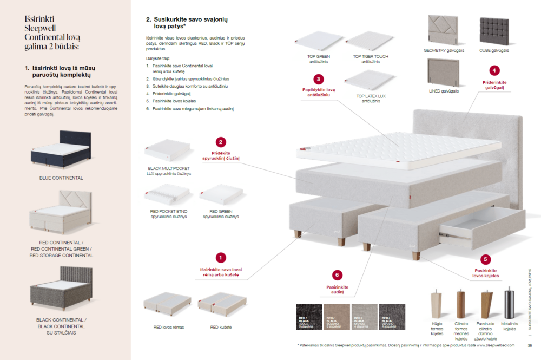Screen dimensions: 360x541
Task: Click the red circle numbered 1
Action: (x=221, y=258)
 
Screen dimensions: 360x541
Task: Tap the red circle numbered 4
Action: (x=494, y=70)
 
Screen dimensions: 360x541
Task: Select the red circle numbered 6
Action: (x=337, y=274)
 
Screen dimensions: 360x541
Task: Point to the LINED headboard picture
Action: (x=444, y=73)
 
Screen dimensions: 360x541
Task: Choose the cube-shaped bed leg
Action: (x=435, y=305)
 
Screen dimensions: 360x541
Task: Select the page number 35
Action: (x=530, y=346)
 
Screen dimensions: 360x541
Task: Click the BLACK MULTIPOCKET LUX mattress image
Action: (x=169, y=150)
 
